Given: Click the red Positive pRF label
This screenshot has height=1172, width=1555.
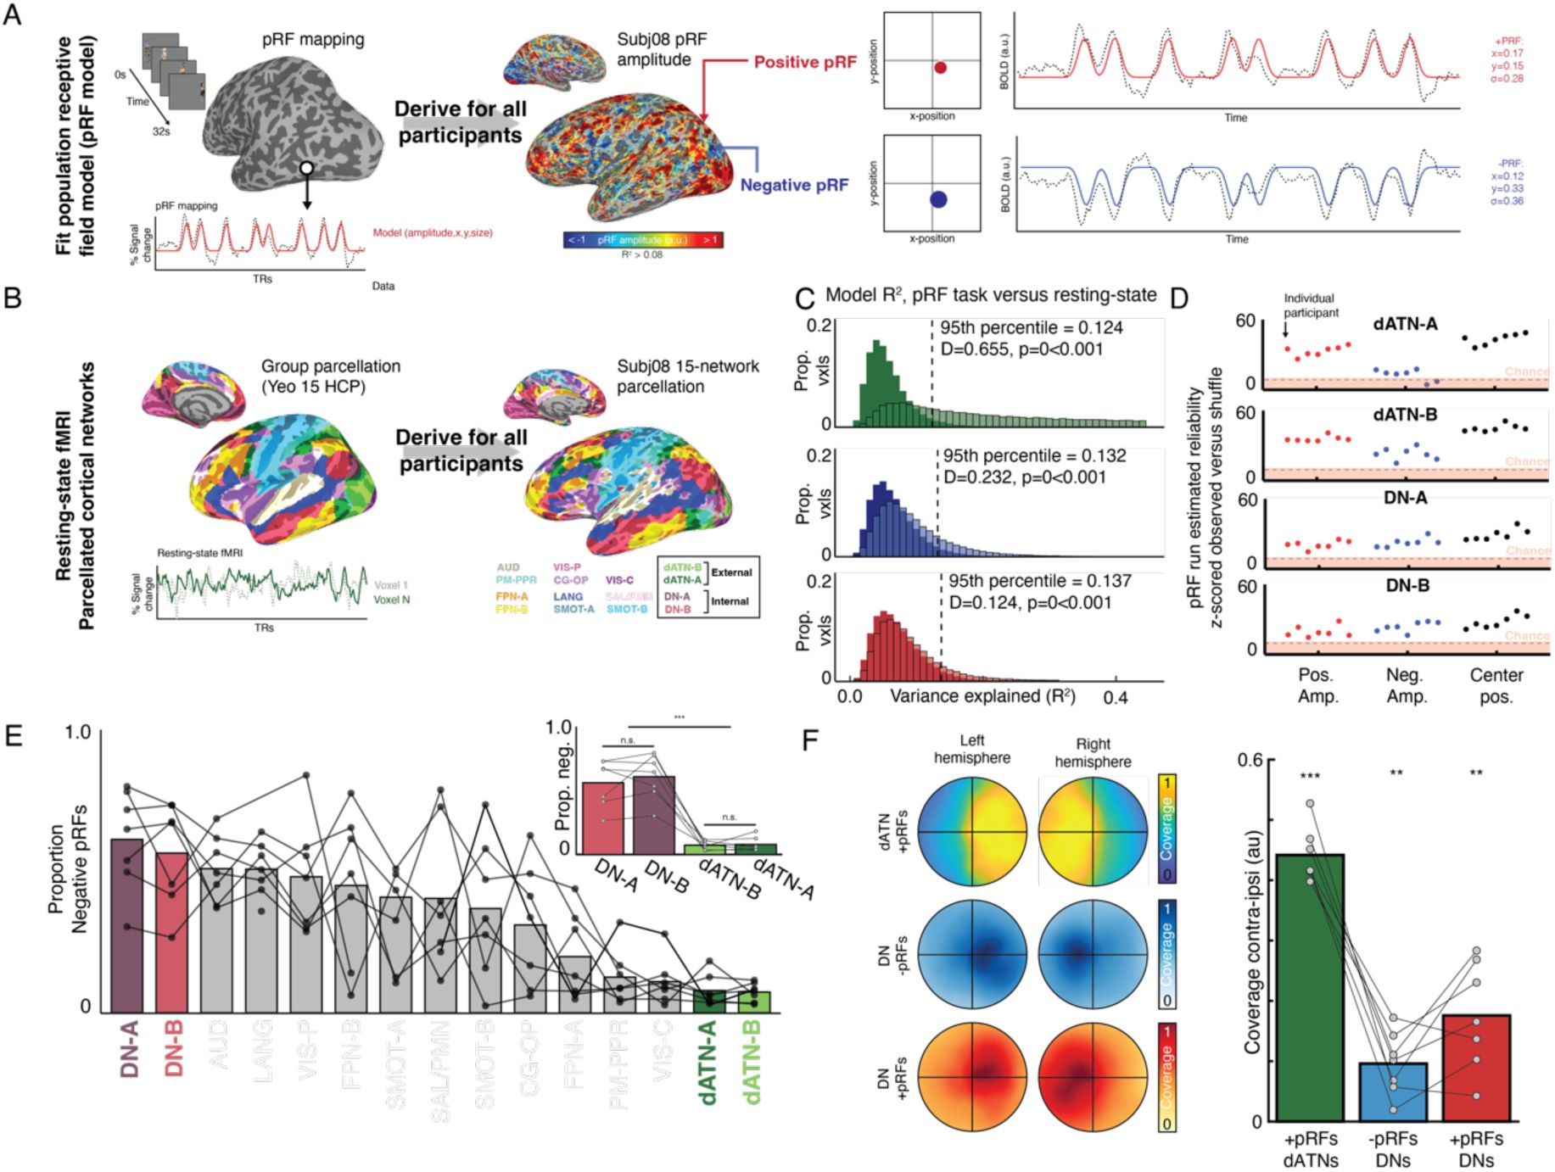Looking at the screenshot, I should click(x=805, y=62).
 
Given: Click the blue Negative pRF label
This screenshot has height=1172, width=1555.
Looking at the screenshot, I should click(x=794, y=185).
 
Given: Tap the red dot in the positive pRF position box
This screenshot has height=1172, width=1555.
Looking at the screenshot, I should click(x=940, y=68).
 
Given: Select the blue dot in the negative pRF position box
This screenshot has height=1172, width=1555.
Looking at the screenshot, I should click(x=938, y=200).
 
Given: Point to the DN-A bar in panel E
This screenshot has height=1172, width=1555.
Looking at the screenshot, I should click(x=127, y=924).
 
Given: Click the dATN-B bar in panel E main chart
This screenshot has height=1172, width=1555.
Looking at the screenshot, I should click(x=754, y=1002).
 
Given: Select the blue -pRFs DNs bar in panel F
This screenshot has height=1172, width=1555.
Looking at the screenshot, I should click(x=1393, y=1091).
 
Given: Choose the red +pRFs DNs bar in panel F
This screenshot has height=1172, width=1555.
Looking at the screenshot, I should click(x=1476, y=1067).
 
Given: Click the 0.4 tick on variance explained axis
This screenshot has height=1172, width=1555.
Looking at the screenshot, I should click(x=1116, y=698).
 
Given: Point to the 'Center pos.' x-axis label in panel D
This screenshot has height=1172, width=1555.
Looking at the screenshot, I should click(x=1496, y=686).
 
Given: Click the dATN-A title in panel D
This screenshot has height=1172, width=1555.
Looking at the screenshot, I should click(x=1406, y=324).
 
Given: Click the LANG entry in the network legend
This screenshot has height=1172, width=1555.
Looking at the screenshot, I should click(x=568, y=597).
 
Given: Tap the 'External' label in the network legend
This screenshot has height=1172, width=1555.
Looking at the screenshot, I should click(x=731, y=572).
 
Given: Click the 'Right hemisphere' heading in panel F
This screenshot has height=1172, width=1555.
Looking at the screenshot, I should click(x=1093, y=752).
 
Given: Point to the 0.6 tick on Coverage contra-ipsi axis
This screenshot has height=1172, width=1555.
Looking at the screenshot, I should click(x=1250, y=760).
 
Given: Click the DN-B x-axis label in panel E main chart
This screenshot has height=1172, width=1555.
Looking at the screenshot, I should click(x=174, y=1048).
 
